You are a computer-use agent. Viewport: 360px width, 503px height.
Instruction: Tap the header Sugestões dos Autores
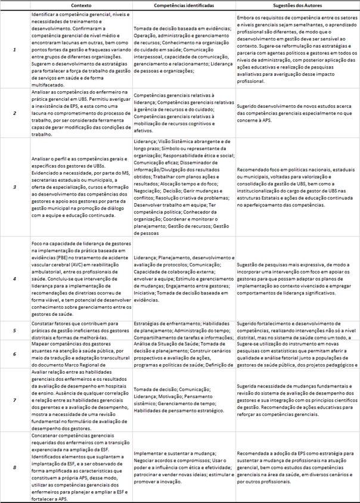pos(296,5)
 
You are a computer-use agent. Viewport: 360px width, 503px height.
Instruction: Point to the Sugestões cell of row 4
pos(296,278)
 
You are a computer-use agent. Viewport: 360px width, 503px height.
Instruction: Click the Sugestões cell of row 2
pos(296,111)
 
